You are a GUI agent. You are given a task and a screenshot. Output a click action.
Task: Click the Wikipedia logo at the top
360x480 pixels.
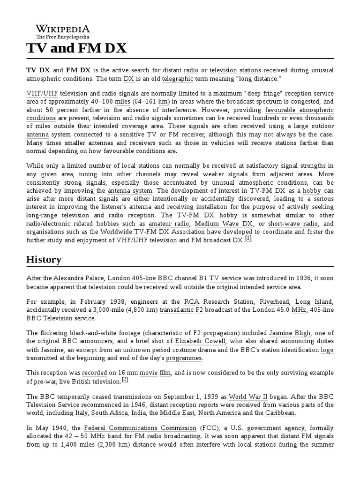[x=63, y=31]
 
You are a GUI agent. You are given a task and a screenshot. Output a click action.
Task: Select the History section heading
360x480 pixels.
[x=44, y=259]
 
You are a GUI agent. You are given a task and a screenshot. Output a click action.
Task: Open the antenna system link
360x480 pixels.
[x=130, y=191]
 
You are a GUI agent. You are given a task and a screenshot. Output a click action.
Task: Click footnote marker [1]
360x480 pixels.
[x=248, y=239]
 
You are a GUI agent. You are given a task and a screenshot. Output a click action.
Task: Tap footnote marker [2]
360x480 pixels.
[x=125, y=379]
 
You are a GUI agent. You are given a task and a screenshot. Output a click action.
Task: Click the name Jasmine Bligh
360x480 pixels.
[x=289, y=333]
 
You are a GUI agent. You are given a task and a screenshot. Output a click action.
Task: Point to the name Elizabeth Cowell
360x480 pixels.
[x=200, y=341]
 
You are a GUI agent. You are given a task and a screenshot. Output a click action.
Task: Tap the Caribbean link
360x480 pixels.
[x=280, y=413]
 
